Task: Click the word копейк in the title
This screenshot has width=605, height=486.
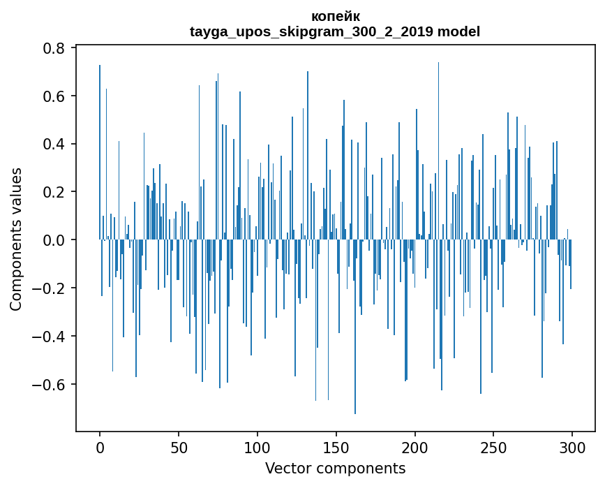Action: pyautogui.click(x=335, y=16)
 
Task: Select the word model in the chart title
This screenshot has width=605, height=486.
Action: pyautogui.click(x=458, y=31)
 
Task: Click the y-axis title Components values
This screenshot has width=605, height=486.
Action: pyautogui.click(x=16, y=239)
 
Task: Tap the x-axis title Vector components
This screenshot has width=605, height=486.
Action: pyautogui.click(x=335, y=468)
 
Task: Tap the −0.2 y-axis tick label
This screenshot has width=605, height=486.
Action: pyautogui.click(x=51, y=288)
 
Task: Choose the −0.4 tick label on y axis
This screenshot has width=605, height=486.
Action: pyautogui.click(x=51, y=337)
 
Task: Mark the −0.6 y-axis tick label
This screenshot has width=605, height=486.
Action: pyautogui.click(x=51, y=385)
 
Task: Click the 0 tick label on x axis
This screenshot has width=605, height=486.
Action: pyautogui.click(x=100, y=447)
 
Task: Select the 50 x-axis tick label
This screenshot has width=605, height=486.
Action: pyautogui.click(x=179, y=447)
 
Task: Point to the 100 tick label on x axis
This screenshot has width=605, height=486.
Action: pyautogui.click(x=257, y=447)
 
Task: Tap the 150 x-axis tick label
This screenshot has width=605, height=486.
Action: pyautogui.click(x=336, y=447)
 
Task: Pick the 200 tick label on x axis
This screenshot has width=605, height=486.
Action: pyautogui.click(x=415, y=447)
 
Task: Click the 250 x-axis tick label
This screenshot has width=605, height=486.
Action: pyautogui.click(x=494, y=447)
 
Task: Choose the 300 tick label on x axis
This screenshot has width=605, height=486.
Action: pyautogui.click(x=572, y=447)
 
